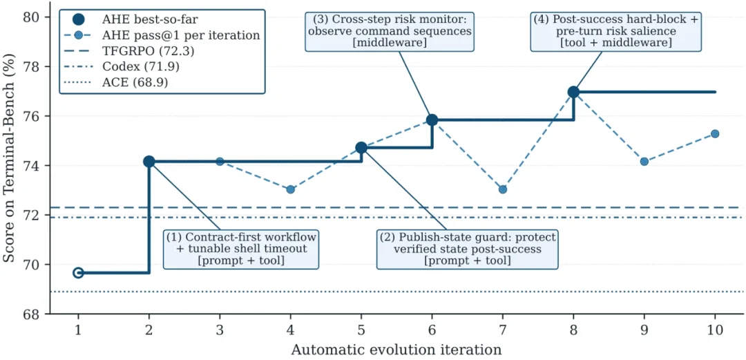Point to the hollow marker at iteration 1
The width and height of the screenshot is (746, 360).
click(79, 272)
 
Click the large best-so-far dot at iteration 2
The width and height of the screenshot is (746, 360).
click(149, 162)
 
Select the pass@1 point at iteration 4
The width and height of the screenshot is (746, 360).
click(291, 189)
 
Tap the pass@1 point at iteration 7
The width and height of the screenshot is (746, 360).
click(502, 189)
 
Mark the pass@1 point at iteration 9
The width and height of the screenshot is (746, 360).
click(644, 162)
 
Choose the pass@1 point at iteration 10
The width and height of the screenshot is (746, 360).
click(715, 134)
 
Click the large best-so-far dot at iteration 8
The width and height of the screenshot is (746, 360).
click(573, 92)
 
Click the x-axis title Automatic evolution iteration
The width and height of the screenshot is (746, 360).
click(396, 350)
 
